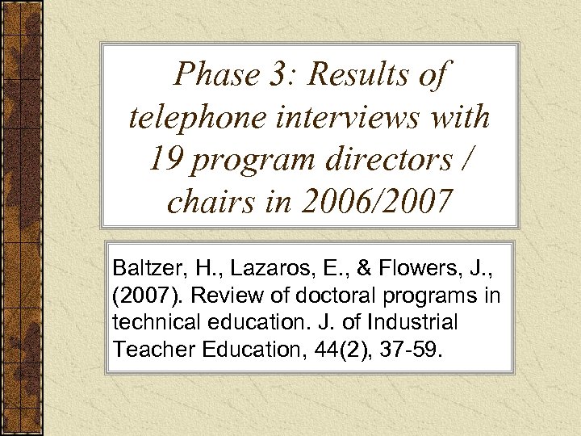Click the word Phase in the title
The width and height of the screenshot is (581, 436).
211,75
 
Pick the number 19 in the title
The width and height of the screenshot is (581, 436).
166,160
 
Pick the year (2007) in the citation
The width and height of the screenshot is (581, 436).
143,295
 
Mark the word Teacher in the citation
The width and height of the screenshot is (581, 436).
149,350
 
